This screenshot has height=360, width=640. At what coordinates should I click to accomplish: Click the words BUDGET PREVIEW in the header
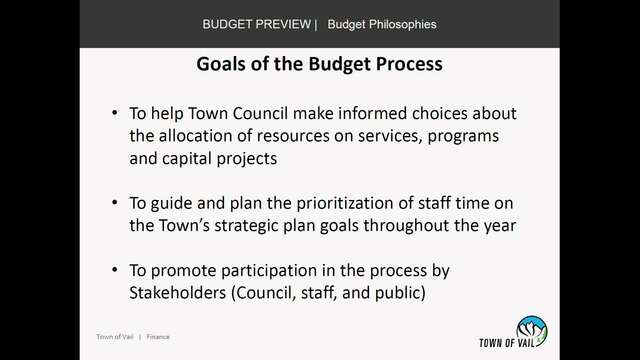pos(257,24)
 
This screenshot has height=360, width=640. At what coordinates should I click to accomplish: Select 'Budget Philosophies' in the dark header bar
pos(382,24)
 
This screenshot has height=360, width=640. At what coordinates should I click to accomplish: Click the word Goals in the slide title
pos(221,64)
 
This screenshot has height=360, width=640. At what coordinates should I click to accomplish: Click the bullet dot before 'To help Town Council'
pos(115,112)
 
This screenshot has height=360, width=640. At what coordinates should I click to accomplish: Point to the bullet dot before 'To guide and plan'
pos(115,202)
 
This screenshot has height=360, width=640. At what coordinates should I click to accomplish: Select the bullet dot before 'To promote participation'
pos(115,269)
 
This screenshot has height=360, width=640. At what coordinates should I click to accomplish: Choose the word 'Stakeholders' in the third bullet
pos(178,293)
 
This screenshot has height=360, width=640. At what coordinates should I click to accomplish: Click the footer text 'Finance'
pos(158,337)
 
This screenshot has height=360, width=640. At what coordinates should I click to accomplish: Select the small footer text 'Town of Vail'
pos(115,337)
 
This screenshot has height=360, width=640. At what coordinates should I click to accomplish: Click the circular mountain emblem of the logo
pos(531,331)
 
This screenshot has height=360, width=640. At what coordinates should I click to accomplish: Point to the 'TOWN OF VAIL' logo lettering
pos(507,343)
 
